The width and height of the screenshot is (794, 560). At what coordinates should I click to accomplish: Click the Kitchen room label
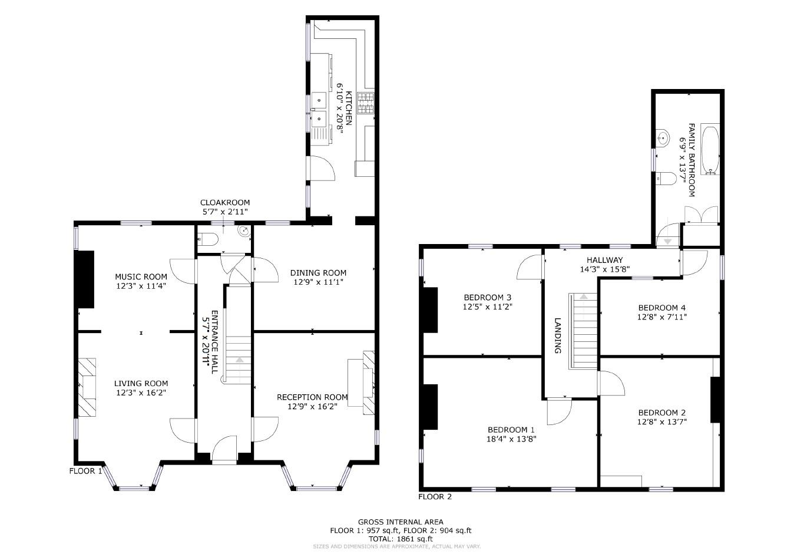pos(349,108)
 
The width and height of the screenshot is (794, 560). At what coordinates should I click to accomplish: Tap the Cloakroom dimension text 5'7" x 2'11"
pos(225,212)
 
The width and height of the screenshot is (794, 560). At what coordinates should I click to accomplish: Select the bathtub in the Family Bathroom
pos(710,149)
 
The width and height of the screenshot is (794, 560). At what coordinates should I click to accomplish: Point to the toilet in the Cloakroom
pos(207,239)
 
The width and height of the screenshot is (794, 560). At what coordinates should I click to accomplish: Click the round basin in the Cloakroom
pos(244,231)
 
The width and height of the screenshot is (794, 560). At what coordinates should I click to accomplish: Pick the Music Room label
pos(141,276)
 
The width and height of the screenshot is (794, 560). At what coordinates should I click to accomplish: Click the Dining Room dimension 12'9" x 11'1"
pos(318,282)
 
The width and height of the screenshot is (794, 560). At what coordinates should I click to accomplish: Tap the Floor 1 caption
pos(86,471)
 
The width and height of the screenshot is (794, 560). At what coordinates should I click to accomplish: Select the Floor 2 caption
pos(435,496)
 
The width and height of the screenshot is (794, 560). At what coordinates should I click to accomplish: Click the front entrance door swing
pos(224,449)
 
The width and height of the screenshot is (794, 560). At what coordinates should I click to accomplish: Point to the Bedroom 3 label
pos(487,297)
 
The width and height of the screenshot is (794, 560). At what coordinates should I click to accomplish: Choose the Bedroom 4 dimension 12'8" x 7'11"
pos(662,317)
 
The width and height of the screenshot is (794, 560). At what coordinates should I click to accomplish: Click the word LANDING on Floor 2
pos(558,335)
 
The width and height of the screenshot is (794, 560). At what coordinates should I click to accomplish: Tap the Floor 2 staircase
pos(583,331)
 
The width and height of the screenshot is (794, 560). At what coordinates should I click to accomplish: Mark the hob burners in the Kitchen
pos(365,103)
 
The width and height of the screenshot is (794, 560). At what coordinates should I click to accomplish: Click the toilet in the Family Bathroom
pos(666,179)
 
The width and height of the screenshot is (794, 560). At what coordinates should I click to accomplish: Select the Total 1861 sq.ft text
pos(401,539)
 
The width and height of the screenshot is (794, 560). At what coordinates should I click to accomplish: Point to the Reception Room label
pos(312,397)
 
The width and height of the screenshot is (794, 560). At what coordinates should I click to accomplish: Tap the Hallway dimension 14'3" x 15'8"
pos(604,269)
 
